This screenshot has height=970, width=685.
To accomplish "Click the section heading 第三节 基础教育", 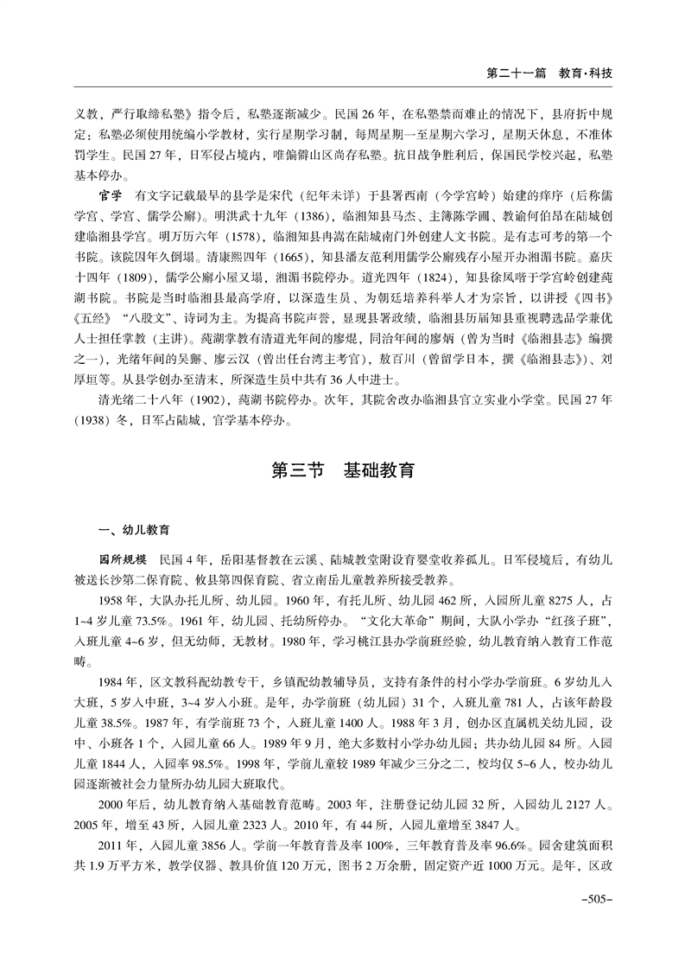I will [343, 471].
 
